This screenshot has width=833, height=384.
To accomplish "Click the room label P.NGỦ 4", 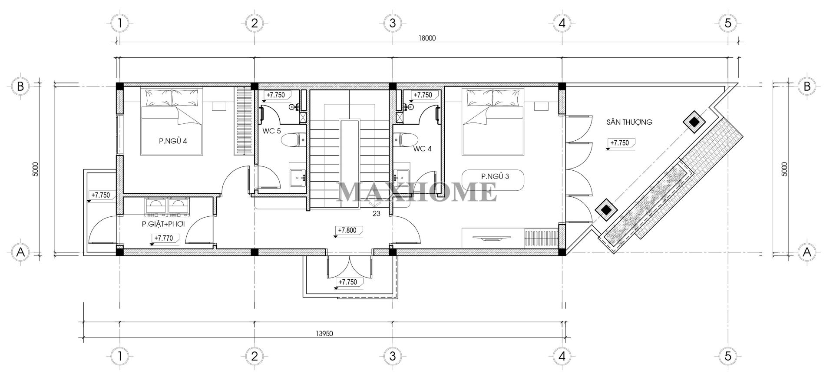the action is click(172, 141).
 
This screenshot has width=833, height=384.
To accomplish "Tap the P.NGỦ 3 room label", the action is click(495, 176).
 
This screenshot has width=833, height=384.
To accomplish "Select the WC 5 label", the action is click(272, 131).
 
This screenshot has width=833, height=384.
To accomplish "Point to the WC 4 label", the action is click(423, 149).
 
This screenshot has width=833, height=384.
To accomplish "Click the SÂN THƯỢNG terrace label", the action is click(629, 122).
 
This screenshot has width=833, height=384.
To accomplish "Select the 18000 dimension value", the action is click(427, 38).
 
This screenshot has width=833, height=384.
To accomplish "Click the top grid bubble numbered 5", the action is click(728, 23).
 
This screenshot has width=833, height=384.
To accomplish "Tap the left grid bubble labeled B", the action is click(20, 86).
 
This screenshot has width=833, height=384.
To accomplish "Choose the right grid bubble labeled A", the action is click(807, 252).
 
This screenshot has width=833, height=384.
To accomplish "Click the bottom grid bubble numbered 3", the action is click(392, 356).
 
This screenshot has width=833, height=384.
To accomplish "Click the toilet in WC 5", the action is click(294, 140).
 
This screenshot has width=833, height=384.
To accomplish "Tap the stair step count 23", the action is click(376, 213).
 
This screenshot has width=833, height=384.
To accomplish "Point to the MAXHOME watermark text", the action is click(417, 192).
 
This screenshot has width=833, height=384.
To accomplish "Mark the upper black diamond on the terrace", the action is click(694, 123).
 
